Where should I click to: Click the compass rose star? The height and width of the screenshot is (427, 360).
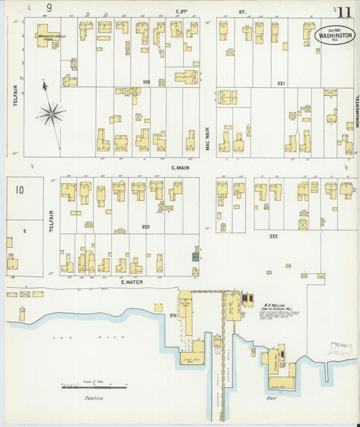point(51,114)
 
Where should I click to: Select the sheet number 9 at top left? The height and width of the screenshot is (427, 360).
point(49,8)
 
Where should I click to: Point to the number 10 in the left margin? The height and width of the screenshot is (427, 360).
point(19,190)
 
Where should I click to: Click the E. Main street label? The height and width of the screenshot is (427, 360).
point(178,168)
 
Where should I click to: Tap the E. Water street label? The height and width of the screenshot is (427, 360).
point(128,282)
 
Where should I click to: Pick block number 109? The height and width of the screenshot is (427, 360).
point(146,82)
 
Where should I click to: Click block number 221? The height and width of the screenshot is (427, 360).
point(281,83)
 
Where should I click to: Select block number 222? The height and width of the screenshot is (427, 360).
point(274,236)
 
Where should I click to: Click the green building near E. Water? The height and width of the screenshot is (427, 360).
point(195,256)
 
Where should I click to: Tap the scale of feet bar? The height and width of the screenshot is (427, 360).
point(95,387)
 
